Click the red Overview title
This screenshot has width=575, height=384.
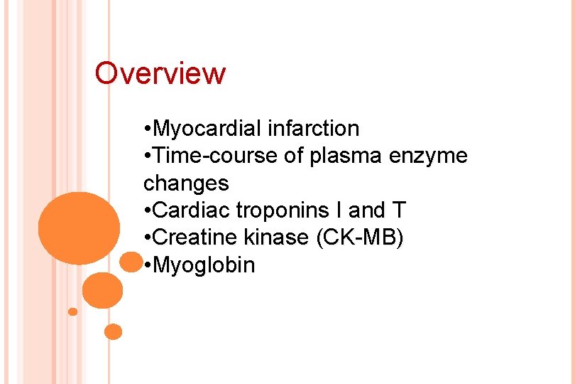[x=160, y=73]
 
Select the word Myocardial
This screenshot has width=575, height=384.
[x=209, y=129]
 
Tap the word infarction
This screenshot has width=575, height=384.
[x=314, y=129]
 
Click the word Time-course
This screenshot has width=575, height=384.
[x=215, y=156]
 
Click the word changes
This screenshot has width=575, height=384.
[x=186, y=183]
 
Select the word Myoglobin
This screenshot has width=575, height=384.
[x=204, y=266]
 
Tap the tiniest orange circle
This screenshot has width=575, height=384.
[x=72, y=311]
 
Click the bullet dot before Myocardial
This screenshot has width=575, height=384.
[x=146, y=129]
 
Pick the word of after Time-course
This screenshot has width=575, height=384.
[x=294, y=156]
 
